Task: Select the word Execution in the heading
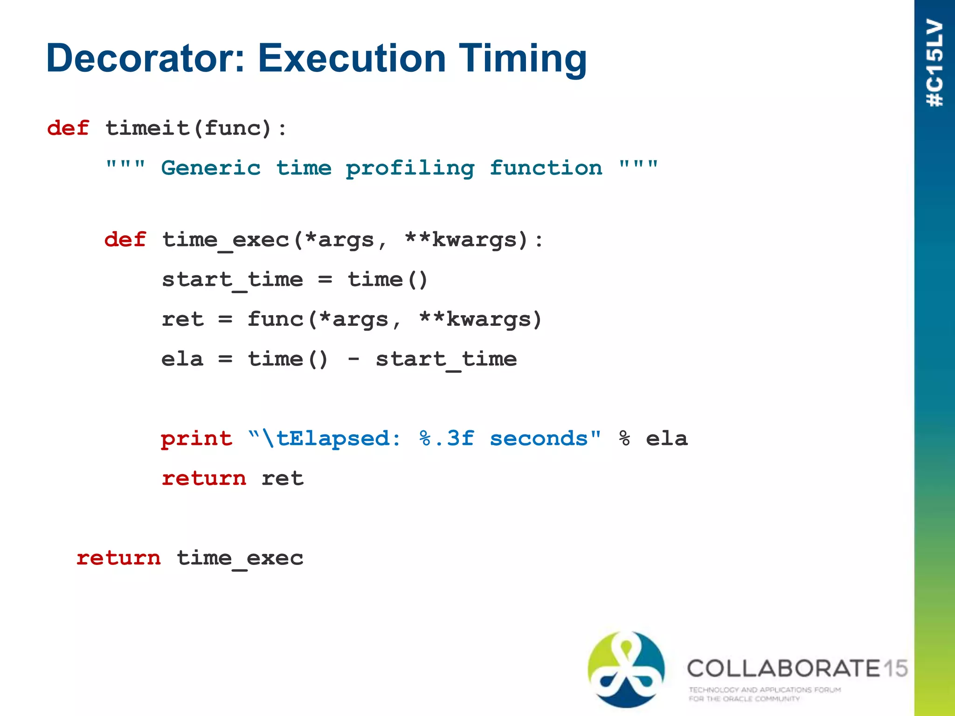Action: [352, 58]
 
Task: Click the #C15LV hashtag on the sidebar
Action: [935, 63]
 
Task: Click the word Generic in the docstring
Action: [211, 168]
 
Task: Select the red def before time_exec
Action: [125, 240]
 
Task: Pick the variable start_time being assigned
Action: [232, 280]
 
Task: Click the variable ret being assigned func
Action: [182, 320]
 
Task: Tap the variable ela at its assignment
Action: [182, 359]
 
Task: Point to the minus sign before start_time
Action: [353, 359]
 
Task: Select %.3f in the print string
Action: [446, 439]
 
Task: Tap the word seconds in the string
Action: [539, 439]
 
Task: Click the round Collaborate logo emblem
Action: [626, 669]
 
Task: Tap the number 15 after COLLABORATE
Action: [895, 668]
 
